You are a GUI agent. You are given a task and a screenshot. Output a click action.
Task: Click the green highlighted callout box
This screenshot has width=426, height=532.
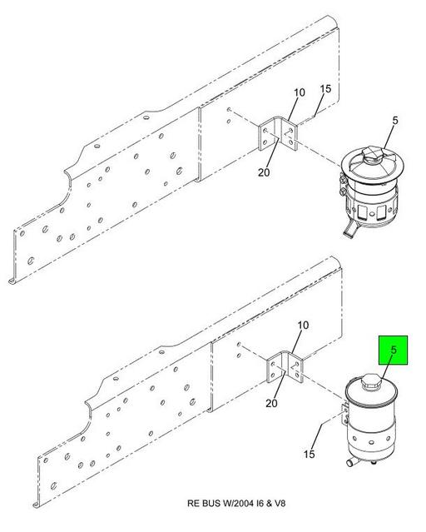tap(393, 351)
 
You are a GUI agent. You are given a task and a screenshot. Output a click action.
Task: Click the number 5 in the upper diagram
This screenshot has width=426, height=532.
tap(395, 121)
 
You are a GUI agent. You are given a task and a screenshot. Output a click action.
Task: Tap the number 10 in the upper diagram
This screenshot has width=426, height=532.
tap(300, 92)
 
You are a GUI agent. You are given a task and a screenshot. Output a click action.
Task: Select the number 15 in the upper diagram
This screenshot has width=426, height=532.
tap(325, 89)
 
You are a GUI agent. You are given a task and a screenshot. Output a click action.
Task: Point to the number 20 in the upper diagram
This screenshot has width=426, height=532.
tap(264, 172)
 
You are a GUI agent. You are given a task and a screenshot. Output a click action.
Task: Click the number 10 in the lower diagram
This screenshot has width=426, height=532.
tap(303, 326)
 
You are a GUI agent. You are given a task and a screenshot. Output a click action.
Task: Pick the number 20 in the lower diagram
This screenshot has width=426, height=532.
tap(271, 403)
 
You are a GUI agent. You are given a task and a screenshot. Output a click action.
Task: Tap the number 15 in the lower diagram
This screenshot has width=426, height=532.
tap(309, 454)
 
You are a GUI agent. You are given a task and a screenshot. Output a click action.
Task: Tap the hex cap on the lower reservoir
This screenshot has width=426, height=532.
tap(371, 382)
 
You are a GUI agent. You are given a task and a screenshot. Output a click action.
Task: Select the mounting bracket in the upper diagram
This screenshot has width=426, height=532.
tap(278, 134)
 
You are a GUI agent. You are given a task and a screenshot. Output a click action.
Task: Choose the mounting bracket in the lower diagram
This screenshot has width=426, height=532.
tap(285, 368)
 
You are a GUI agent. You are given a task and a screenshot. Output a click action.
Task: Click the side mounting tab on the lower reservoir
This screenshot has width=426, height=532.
tap(344, 414)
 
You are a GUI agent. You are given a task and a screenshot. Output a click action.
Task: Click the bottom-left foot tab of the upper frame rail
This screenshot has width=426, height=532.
tap(12, 281)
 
